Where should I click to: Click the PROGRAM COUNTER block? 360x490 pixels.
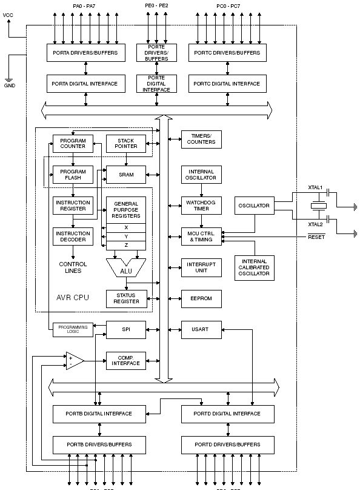pos(73,143)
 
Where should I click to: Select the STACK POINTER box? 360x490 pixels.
pos(126,143)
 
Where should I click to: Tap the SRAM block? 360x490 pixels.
pos(126,175)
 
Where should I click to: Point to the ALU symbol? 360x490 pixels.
pos(126,270)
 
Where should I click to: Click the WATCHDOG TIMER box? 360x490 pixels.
pos(201,205)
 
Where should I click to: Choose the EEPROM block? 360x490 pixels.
pos(201,298)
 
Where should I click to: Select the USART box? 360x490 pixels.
pos(201,329)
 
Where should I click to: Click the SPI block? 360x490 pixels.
pos(126,329)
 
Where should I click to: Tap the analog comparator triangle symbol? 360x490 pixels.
pos(75,360)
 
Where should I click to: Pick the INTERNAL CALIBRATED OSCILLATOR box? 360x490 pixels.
pos(255,266)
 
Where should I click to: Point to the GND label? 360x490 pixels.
pos(10,86)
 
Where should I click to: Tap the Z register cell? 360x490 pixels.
pos(126,246)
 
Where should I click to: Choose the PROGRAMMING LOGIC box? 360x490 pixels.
pos(73,329)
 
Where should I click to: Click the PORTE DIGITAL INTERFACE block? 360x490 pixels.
pos(156,84)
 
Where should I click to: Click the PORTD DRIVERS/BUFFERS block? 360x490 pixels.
pos(227,445)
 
